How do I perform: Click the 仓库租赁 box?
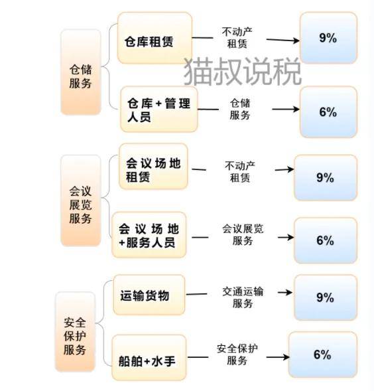[x=155, y=38]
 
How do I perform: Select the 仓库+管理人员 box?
[x=159, y=110]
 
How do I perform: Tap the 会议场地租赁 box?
[x=153, y=167]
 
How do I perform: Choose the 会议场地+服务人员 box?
[x=149, y=234]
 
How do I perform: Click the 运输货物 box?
[x=149, y=295]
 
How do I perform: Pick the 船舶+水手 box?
[x=149, y=358]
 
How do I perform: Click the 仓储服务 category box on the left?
[x=81, y=72]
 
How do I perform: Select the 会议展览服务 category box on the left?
[x=81, y=200]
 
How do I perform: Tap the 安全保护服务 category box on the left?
[x=75, y=332]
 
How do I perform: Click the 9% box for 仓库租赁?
[x=328, y=38]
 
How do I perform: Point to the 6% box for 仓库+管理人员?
[x=328, y=112]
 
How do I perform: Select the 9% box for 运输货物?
[x=326, y=297]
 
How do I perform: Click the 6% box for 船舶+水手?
[x=323, y=354]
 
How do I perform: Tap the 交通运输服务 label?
[x=243, y=297]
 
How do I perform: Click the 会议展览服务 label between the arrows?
[x=243, y=234]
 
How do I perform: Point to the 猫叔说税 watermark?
[x=243, y=71]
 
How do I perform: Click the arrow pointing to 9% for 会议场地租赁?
[x=284, y=169]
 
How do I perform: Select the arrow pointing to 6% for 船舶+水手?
[x=278, y=357]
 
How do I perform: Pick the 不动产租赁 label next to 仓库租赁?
[x=237, y=37]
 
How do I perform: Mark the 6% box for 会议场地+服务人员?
[x=326, y=240]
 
